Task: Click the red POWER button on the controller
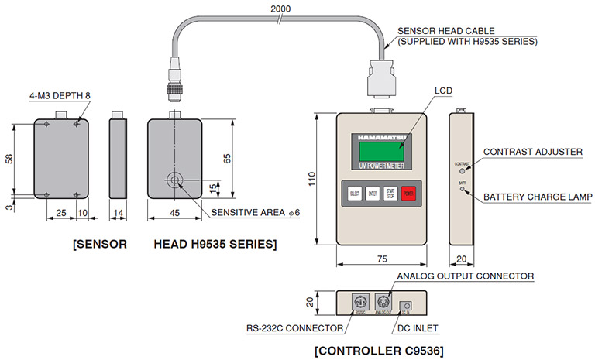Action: click(x=408, y=194)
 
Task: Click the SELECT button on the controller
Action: click(x=355, y=194)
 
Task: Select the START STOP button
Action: click(x=390, y=194)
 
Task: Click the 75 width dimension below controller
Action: click(x=381, y=260)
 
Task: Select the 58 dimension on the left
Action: click(x=9, y=158)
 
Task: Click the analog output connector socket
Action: click(x=384, y=301)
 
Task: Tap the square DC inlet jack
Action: click(x=405, y=305)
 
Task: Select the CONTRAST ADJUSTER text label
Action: click(x=532, y=151)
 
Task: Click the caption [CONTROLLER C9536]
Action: click(x=379, y=351)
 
